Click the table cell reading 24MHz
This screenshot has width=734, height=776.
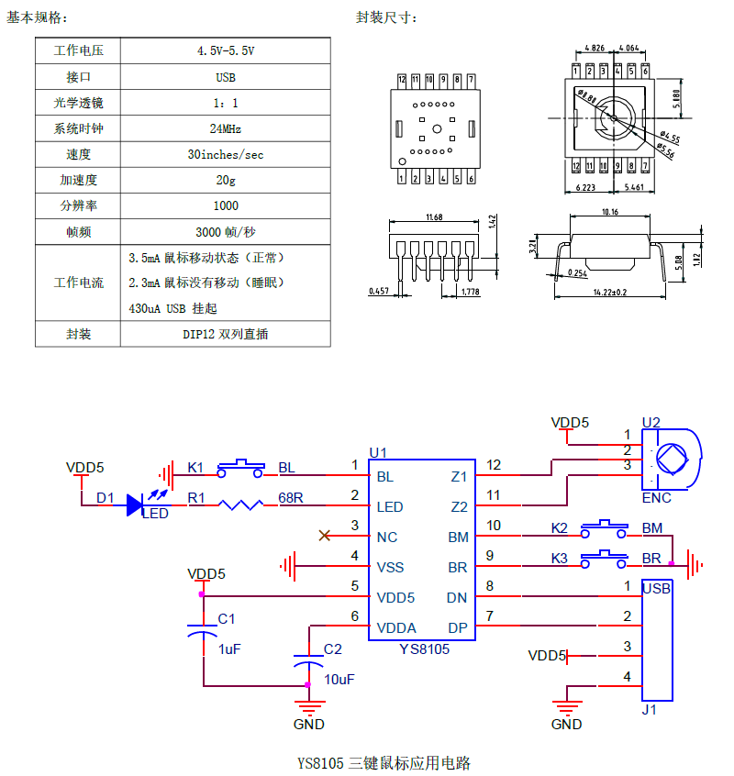[225, 128]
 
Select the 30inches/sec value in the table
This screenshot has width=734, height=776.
[225, 154]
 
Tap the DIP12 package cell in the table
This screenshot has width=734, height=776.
[225, 334]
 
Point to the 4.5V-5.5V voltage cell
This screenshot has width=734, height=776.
[225, 50]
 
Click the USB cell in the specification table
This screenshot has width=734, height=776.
[225, 77]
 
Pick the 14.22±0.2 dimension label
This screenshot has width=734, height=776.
[610, 292]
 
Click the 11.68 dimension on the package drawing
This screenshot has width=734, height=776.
[434, 217]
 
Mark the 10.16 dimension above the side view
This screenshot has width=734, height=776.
[610, 212]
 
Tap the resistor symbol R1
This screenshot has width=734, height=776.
[241, 504]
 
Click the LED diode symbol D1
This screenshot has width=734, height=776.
[135, 504]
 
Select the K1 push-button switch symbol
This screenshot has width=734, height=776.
[240, 469]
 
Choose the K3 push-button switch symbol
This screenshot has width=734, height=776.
[604, 560]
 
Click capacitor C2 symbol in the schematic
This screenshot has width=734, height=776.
[308, 660]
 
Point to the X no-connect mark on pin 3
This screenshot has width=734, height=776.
[325, 536]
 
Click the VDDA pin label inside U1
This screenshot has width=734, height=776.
[396, 628]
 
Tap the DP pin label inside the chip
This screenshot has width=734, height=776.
[457, 628]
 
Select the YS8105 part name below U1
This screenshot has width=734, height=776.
[425, 649]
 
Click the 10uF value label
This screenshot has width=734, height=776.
[339, 680]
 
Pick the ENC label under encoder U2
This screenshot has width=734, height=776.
[656, 498]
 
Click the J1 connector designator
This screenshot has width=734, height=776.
[649, 710]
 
